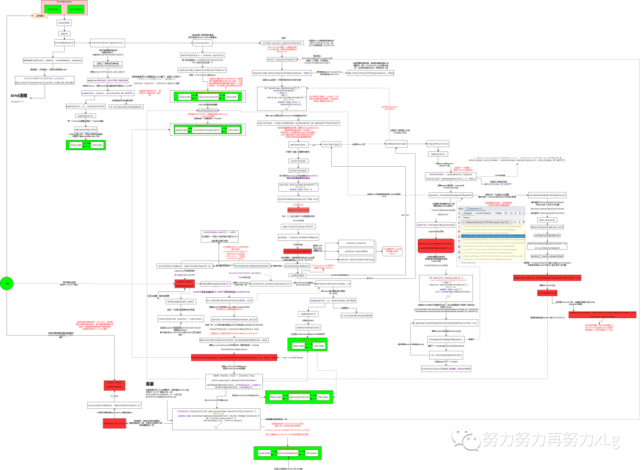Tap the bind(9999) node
click(x=64, y=23)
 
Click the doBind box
click(x=64, y=33)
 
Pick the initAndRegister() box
click(x=64, y=43)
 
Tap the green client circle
click(x=7, y=284)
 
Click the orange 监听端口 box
click(x=39, y=16)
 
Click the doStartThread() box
click(x=297, y=170)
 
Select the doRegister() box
click(x=437, y=154)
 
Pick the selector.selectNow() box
click(x=356, y=251)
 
